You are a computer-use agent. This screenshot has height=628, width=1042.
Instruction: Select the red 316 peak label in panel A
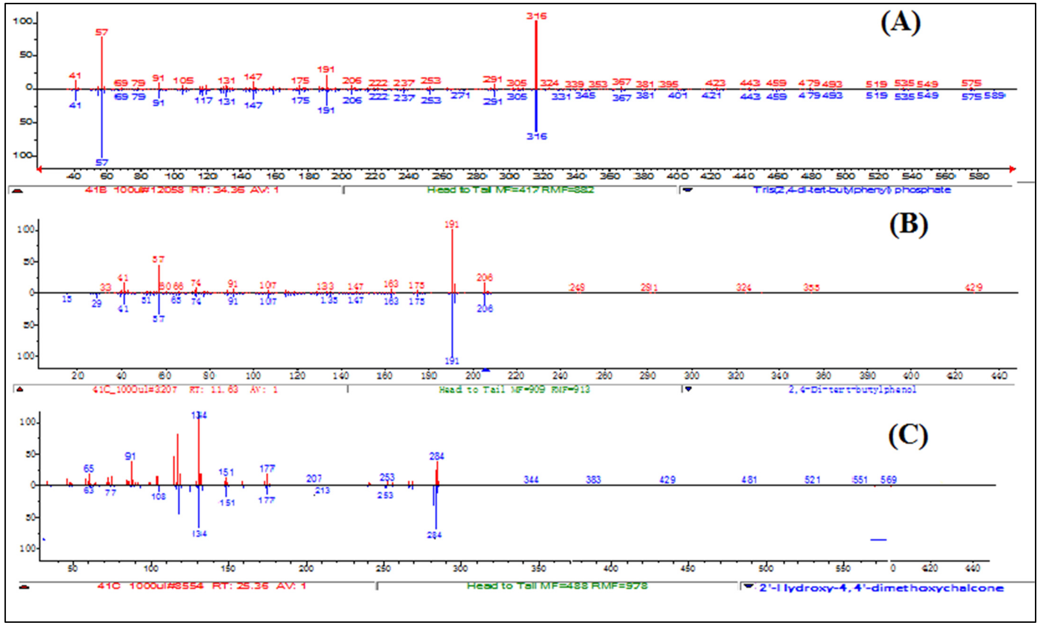tap(536, 16)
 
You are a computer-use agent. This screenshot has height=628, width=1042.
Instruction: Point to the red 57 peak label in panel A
tap(101, 32)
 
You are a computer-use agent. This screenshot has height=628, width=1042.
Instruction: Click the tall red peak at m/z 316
tap(536, 55)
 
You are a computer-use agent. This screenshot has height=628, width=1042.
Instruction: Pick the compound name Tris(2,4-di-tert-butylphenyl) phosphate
tap(852, 190)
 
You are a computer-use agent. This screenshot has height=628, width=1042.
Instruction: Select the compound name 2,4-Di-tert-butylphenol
tap(852, 389)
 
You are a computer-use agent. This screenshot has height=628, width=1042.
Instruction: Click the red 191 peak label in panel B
tap(452, 224)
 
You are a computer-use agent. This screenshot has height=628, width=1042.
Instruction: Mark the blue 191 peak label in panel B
tap(452, 361)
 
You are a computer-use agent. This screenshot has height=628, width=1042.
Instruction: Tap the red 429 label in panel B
tap(974, 288)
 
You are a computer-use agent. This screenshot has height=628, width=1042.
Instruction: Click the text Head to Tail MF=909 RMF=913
tap(514, 389)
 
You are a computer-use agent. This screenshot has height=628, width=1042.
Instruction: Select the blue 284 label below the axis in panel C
tap(434, 535)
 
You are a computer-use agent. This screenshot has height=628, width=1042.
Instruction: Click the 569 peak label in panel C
tap(888, 480)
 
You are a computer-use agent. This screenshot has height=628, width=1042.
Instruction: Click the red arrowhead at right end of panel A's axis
tap(1012, 169)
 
